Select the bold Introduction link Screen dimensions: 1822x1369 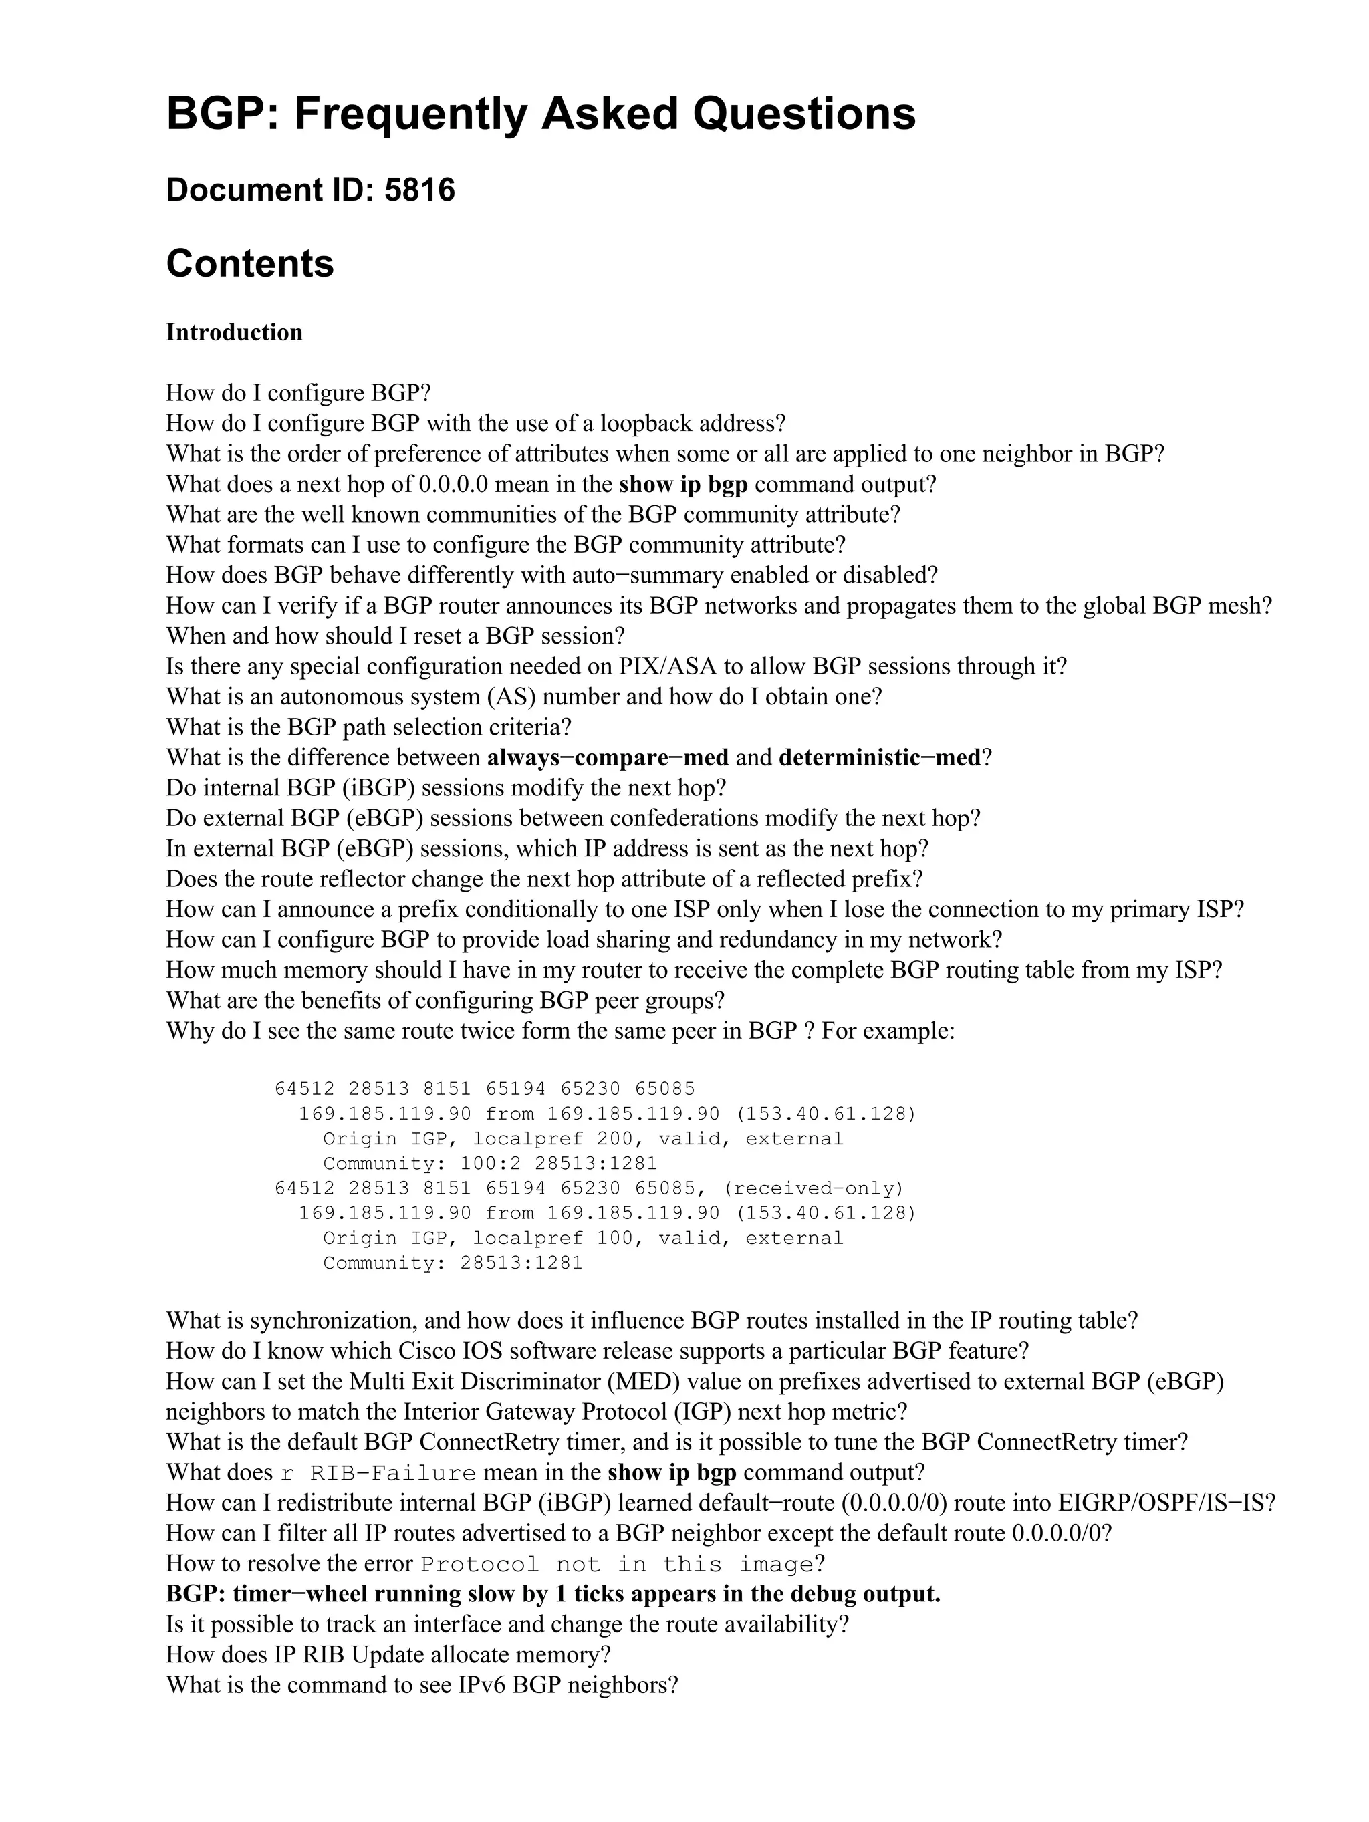tap(234, 332)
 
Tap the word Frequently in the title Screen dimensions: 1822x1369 tap(409, 114)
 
